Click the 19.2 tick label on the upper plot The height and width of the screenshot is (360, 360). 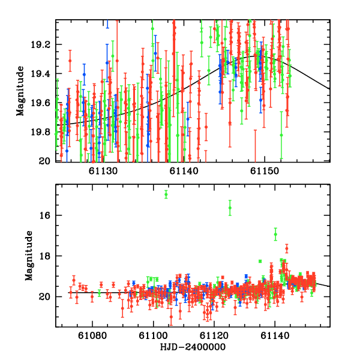point(44,45)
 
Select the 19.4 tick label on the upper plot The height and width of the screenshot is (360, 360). point(44,74)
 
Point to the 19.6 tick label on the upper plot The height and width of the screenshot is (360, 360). point(44,103)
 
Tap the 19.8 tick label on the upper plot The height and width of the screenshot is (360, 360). point(44,132)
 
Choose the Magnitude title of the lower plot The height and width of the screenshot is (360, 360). point(28,256)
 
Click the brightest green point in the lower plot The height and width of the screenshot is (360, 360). point(166,194)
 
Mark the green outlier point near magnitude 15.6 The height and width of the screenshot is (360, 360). point(230,208)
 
